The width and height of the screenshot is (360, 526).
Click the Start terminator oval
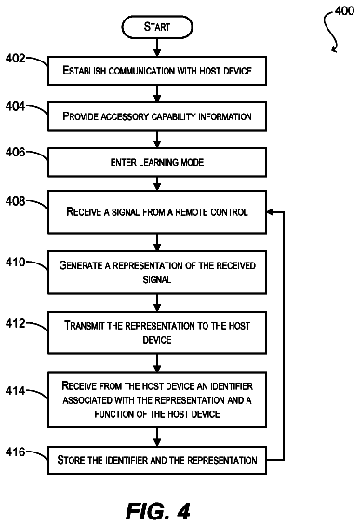pos(157,27)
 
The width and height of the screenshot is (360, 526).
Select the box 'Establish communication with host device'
pos(157,71)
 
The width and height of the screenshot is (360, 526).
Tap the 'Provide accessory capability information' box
pos(157,116)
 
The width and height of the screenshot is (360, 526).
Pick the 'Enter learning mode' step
pos(157,162)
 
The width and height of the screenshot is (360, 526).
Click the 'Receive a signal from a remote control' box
pos(157,211)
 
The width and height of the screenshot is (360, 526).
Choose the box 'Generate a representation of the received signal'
pos(157,273)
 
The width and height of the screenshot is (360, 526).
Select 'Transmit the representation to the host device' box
pos(157,332)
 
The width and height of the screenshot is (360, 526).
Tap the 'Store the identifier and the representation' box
pos(157,460)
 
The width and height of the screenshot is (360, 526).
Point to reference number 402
pos(16,58)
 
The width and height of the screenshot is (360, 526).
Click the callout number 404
pos(16,106)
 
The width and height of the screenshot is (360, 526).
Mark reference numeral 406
pos(16,152)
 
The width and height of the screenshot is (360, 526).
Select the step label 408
pos(16,201)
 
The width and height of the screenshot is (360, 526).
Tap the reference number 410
pos(16,262)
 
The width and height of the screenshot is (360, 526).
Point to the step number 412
pos(16,323)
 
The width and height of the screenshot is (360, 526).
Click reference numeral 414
pos(16,391)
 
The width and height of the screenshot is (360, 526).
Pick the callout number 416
pos(16,452)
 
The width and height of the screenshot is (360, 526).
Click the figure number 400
pos(344,11)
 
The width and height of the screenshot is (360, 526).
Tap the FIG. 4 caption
pos(157,511)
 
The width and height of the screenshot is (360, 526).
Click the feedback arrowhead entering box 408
pos(271,212)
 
